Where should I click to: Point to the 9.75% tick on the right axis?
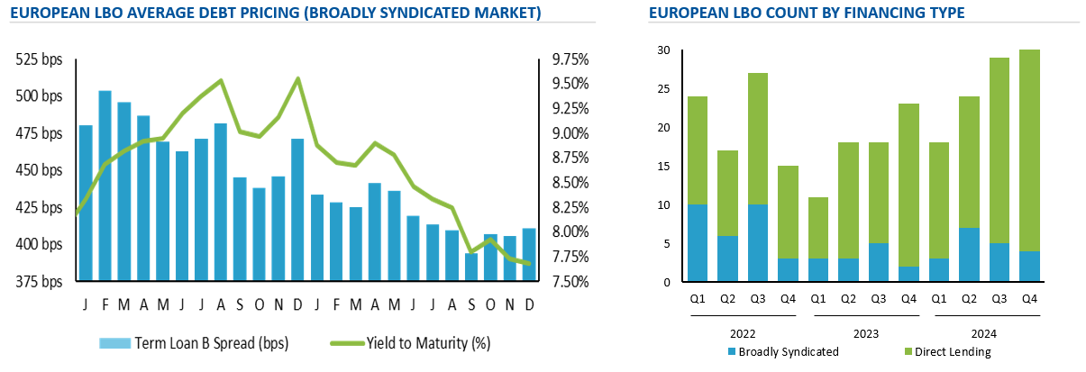(570, 59)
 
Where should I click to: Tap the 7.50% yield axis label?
(570, 282)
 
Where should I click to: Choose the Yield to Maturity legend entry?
(427, 343)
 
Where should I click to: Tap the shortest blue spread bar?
(470, 268)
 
